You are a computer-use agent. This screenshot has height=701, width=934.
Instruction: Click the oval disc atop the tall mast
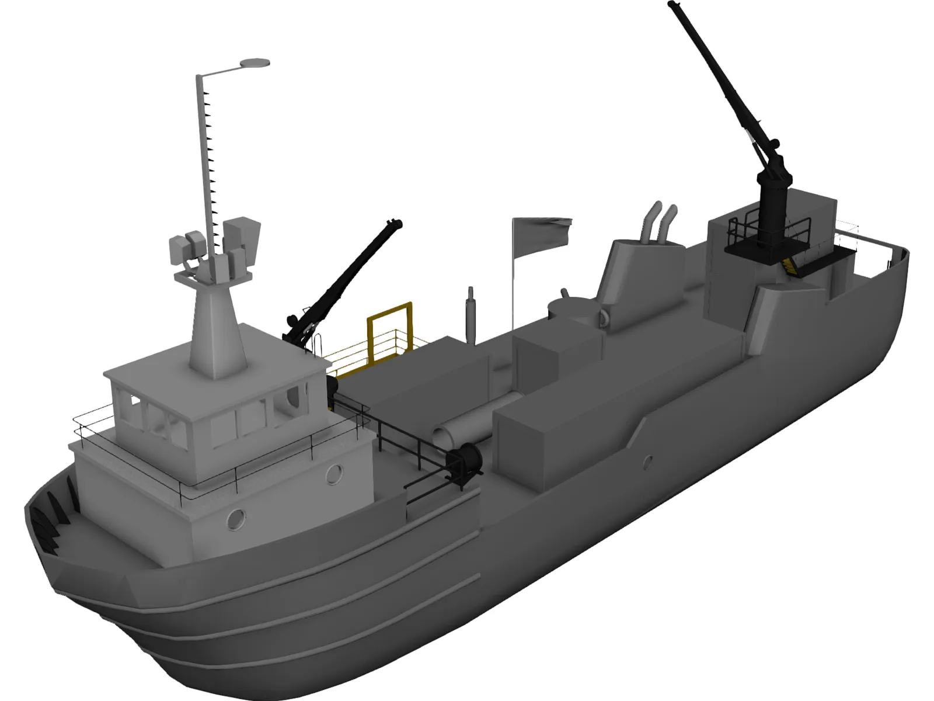pyautogui.click(x=255, y=62)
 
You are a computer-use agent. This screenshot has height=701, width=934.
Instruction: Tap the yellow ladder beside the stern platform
pyautogui.click(x=790, y=265)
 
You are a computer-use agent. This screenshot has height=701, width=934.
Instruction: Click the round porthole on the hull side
pyautogui.click(x=647, y=462)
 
